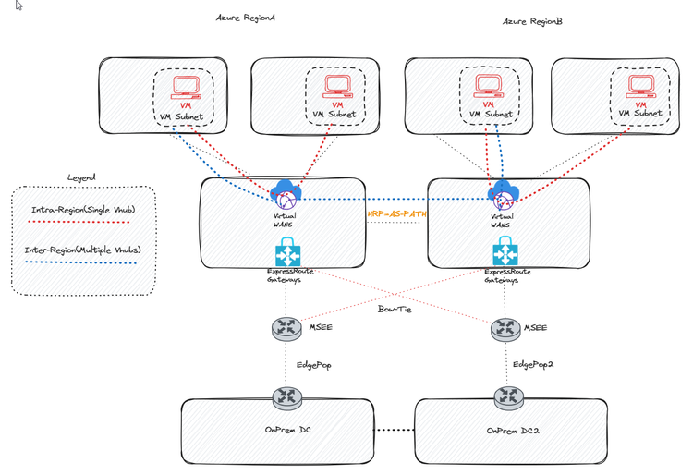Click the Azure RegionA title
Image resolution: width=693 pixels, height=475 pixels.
point(246,18)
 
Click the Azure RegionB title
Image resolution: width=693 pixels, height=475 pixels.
point(532,20)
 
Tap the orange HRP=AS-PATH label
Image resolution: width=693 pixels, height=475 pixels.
point(396,213)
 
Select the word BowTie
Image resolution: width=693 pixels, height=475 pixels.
point(395,309)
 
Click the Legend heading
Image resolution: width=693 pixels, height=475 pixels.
point(81,177)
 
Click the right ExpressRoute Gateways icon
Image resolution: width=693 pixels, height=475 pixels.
point(505,251)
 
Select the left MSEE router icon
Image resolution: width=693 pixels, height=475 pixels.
point(287,327)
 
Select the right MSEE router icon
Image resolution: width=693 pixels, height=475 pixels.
point(505,327)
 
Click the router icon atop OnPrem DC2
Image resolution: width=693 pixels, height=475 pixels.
point(508,398)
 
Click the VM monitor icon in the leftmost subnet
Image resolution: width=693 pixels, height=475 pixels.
point(186,88)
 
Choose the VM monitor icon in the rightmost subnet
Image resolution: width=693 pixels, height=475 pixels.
point(641,87)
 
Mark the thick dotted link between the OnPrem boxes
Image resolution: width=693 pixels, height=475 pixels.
point(395,431)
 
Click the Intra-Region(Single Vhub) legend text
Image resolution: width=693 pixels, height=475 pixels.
point(84,210)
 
